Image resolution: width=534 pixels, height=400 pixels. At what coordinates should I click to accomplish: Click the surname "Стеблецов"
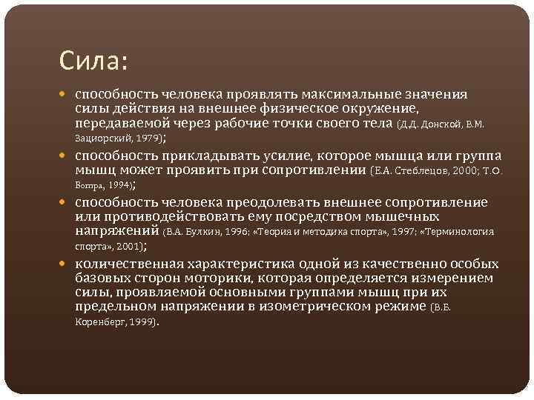422,171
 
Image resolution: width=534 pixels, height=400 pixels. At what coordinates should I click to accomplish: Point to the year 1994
119,186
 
